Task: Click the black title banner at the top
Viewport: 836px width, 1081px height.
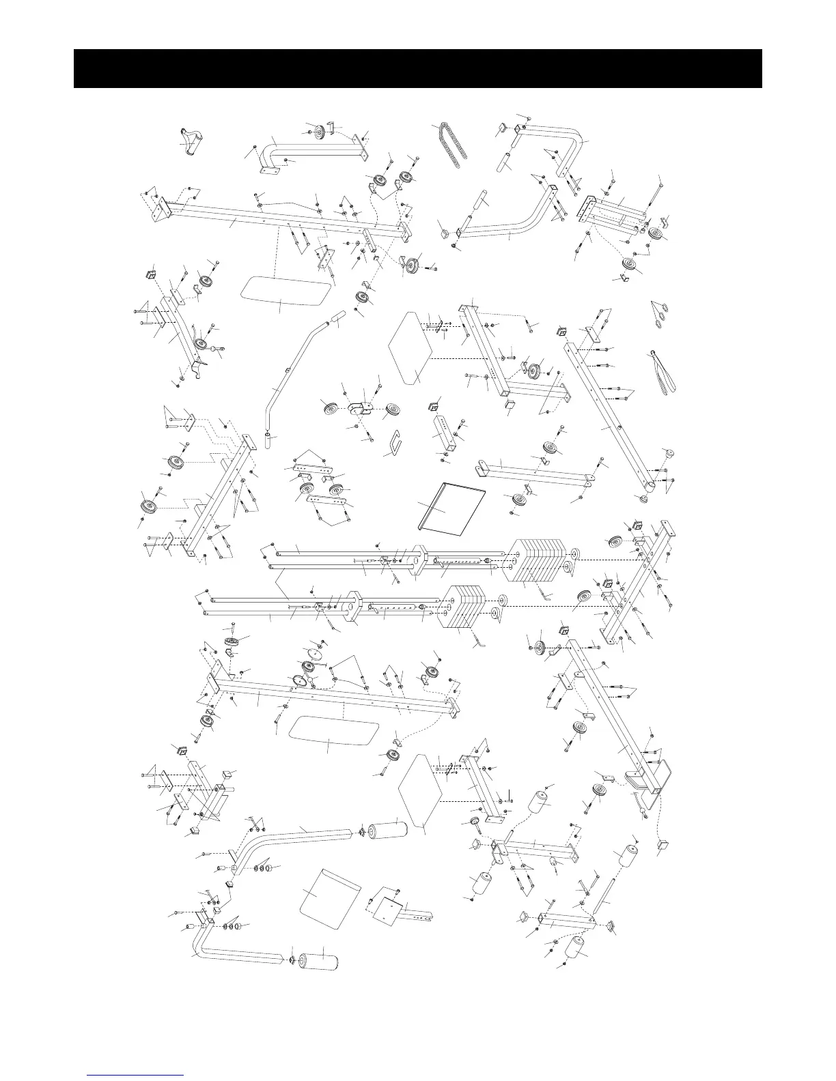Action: (x=417, y=68)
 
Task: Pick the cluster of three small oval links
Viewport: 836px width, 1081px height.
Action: (x=660, y=315)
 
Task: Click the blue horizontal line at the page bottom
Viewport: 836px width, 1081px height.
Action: (x=136, y=1075)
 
